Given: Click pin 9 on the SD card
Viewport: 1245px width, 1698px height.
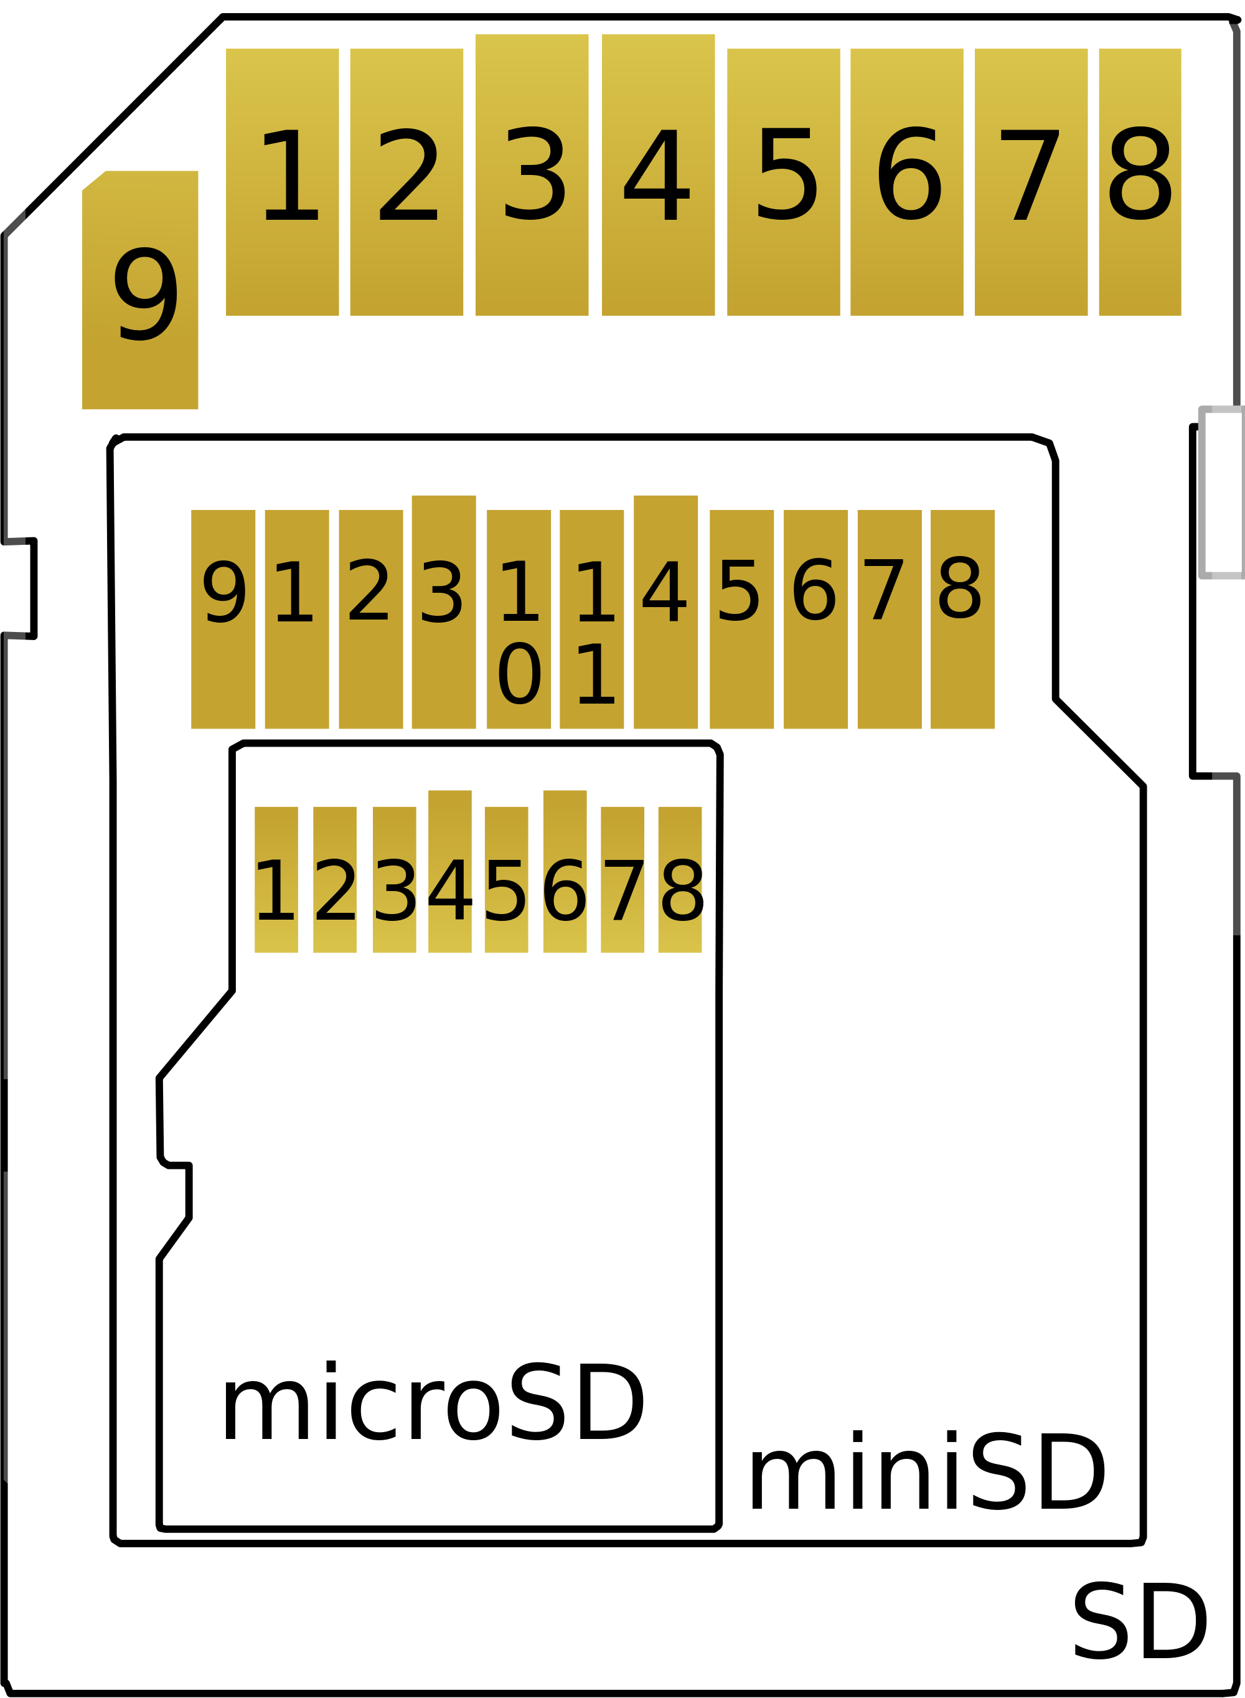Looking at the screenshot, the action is click(140, 290).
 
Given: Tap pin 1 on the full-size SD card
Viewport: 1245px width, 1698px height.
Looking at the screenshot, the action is click(283, 182).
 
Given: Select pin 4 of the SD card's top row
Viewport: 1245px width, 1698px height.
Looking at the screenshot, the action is click(658, 175).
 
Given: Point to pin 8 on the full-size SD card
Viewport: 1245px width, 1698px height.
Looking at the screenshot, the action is click(1140, 182).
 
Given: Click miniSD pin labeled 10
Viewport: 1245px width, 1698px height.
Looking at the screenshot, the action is click(519, 620).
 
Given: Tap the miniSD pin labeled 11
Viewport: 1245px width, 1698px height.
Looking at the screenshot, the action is click(591, 620).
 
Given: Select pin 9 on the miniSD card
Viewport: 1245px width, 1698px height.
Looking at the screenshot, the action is click(223, 620).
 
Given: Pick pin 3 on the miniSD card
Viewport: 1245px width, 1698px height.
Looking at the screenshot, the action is click(444, 612).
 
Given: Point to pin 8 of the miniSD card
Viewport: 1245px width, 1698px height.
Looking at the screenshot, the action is click(962, 620).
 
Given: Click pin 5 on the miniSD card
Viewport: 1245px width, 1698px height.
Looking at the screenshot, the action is click(741, 620).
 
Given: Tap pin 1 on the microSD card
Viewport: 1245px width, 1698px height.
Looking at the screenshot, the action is click(276, 880).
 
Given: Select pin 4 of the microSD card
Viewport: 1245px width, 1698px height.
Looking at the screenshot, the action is click(450, 872).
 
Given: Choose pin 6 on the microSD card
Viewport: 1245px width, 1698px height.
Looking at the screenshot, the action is click(565, 872).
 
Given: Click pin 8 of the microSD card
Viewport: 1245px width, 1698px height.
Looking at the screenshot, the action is click(680, 880).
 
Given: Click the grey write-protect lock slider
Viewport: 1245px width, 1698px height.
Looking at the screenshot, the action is click(1221, 493).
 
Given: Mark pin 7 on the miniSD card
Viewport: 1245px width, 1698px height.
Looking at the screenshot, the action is click(890, 620).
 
